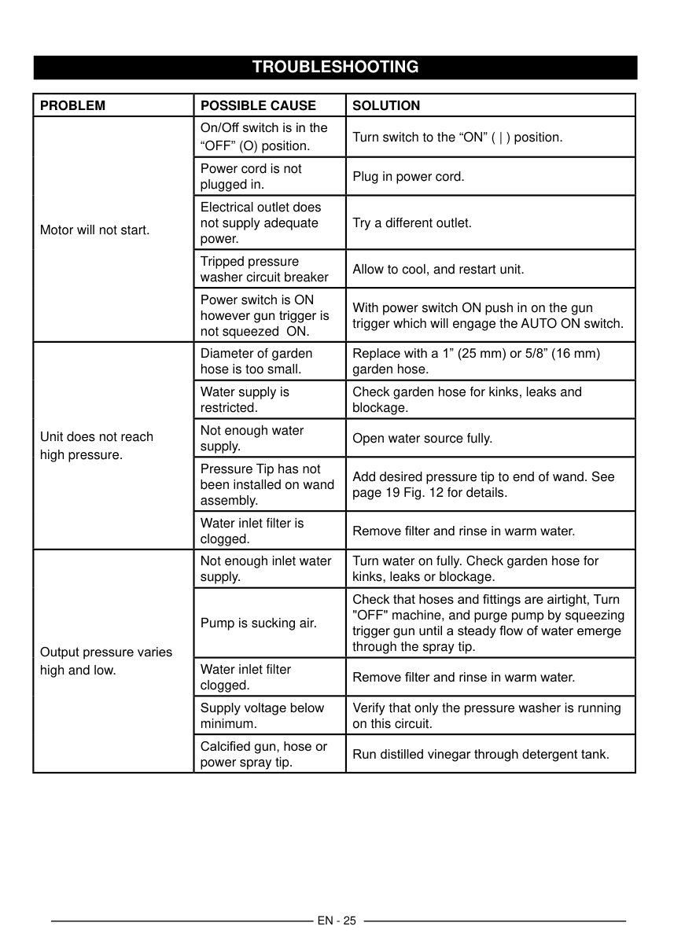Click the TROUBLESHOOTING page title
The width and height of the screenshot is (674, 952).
[335, 67]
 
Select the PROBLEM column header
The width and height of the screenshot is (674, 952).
[72, 105]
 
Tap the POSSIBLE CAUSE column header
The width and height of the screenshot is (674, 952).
[258, 105]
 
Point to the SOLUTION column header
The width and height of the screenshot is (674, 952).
[386, 105]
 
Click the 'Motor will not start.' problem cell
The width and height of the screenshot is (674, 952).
[94, 230]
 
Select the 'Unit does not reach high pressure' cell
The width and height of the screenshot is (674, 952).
[97, 445]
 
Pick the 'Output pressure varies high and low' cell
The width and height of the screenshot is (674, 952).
[105, 661]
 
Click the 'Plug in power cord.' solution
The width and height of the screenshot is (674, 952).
[408, 177]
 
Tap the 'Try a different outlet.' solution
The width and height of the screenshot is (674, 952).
[412, 223]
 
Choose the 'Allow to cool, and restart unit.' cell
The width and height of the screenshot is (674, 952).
[438, 270]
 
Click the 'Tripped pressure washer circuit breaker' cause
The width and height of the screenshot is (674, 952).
[264, 269]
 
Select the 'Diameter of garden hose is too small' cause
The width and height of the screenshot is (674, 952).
[256, 361]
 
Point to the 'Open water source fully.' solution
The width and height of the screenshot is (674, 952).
[422, 438]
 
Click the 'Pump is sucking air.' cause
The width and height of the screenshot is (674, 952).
[258, 623]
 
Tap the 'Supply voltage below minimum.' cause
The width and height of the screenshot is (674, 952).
[262, 715]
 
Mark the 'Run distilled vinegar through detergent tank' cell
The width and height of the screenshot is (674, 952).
[481, 755]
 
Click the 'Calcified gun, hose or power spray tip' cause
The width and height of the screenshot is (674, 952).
[263, 754]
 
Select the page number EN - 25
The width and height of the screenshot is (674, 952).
[337, 921]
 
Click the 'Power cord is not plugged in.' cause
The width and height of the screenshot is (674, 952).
[251, 176]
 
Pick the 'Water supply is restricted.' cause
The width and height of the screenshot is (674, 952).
[245, 399]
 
